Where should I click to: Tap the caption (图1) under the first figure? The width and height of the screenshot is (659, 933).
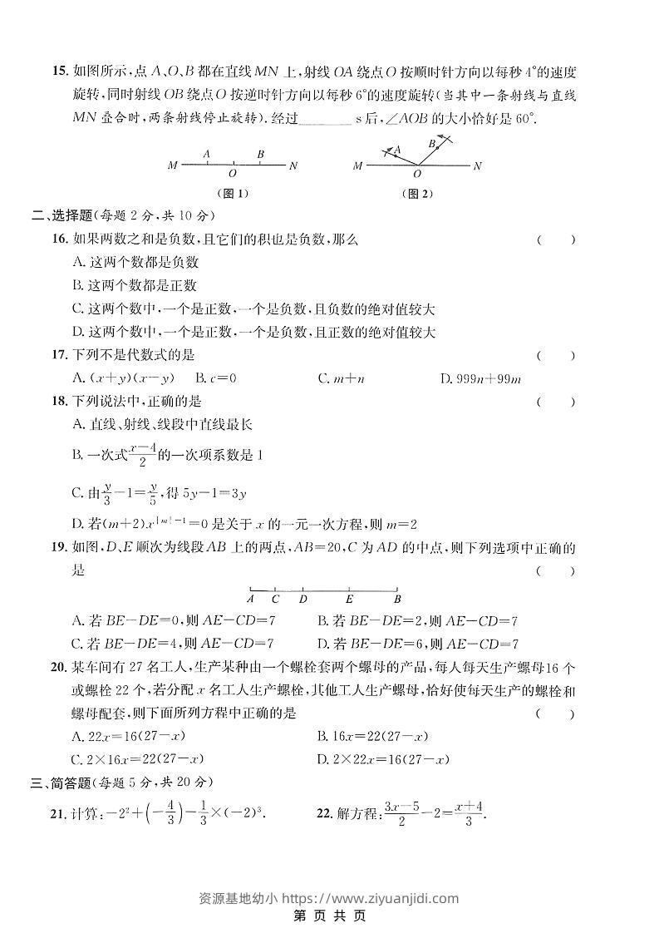click(232, 194)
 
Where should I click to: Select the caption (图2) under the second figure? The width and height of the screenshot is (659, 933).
click(417, 194)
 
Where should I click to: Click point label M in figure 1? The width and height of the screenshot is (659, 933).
click(172, 165)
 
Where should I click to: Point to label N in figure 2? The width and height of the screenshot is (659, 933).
click(477, 166)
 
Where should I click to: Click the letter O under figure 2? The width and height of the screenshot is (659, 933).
click(416, 175)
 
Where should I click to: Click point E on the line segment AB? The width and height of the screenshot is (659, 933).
click(349, 599)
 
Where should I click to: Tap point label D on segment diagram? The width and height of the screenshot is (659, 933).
click(303, 599)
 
